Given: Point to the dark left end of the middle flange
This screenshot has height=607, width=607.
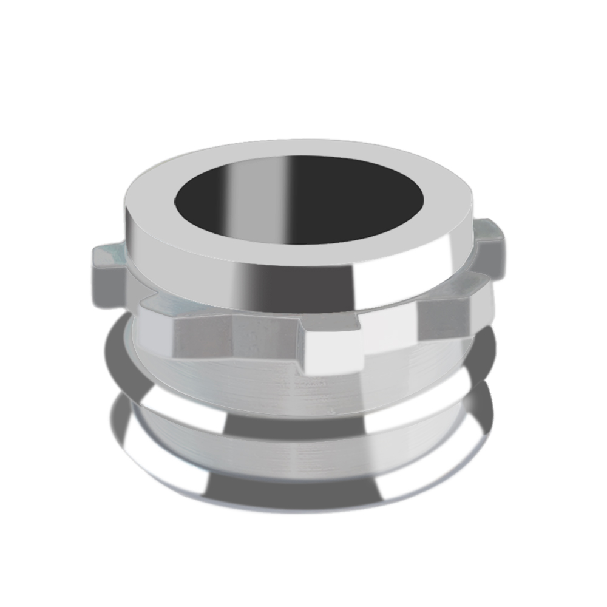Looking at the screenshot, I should click(x=115, y=358).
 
